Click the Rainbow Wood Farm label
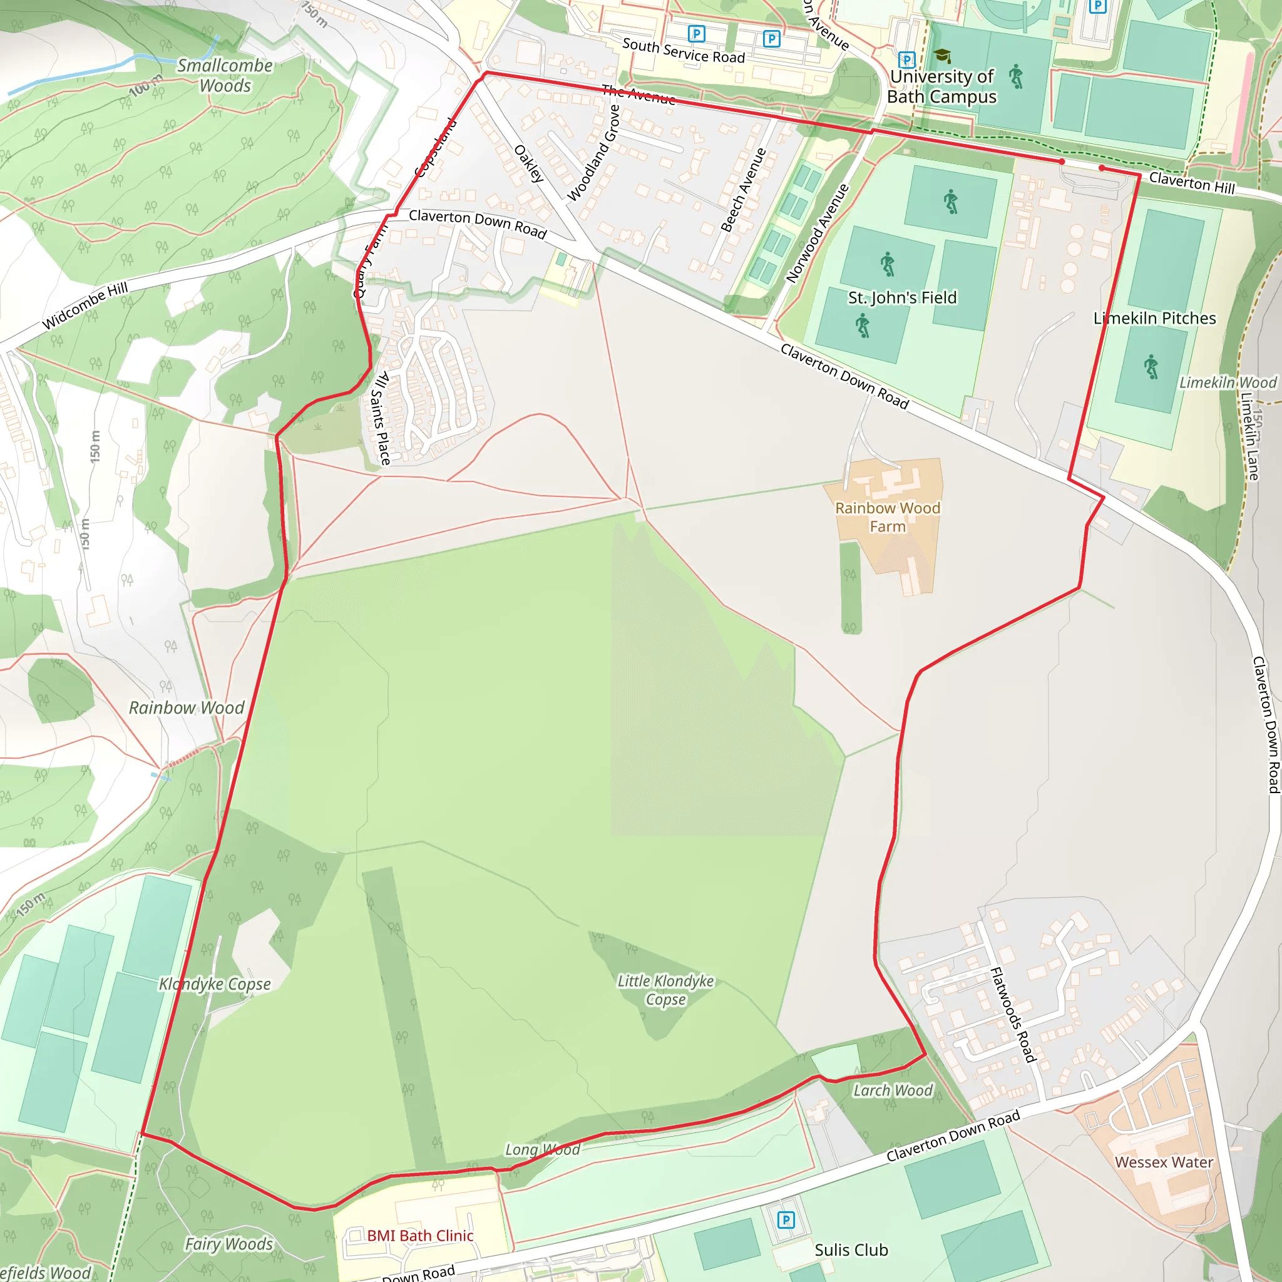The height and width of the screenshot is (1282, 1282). (x=887, y=517)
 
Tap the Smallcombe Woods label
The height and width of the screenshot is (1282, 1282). (x=225, y=76)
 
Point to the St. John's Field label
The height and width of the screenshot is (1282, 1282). (x=902, y=298)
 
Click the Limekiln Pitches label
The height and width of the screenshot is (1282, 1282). (x=1154, y=319)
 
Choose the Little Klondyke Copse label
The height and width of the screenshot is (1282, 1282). (x=665, y=990)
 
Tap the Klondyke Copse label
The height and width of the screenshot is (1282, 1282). (x=214, y=984)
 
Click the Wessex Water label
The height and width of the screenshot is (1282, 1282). (x=1164, y=1162)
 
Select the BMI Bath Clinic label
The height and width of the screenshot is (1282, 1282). (x=420, y=1236)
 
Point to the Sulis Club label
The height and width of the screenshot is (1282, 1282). (x=851, y=1250)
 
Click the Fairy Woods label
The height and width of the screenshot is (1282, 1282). (x=229, y=1244)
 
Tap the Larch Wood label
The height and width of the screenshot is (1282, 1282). (x=893, y=1090)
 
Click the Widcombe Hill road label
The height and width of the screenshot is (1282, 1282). (x=85, y=306)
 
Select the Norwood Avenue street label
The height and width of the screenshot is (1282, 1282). (x=817, y=233)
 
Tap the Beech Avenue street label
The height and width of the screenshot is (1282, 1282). (x=743, y=190)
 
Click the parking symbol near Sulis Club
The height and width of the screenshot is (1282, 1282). (x=786, y=1219)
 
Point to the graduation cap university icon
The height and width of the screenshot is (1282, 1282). (x=941, y=56)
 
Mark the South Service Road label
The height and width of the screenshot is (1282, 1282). (x=684, y=51)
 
